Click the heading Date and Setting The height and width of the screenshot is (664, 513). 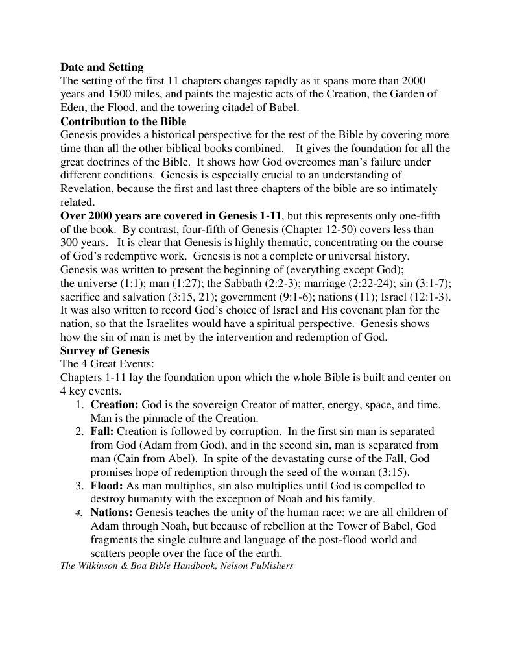pyautogui.click(x=102, y=67)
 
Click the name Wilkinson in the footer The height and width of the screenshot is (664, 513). pyautogui.click(x=102, y=566)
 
